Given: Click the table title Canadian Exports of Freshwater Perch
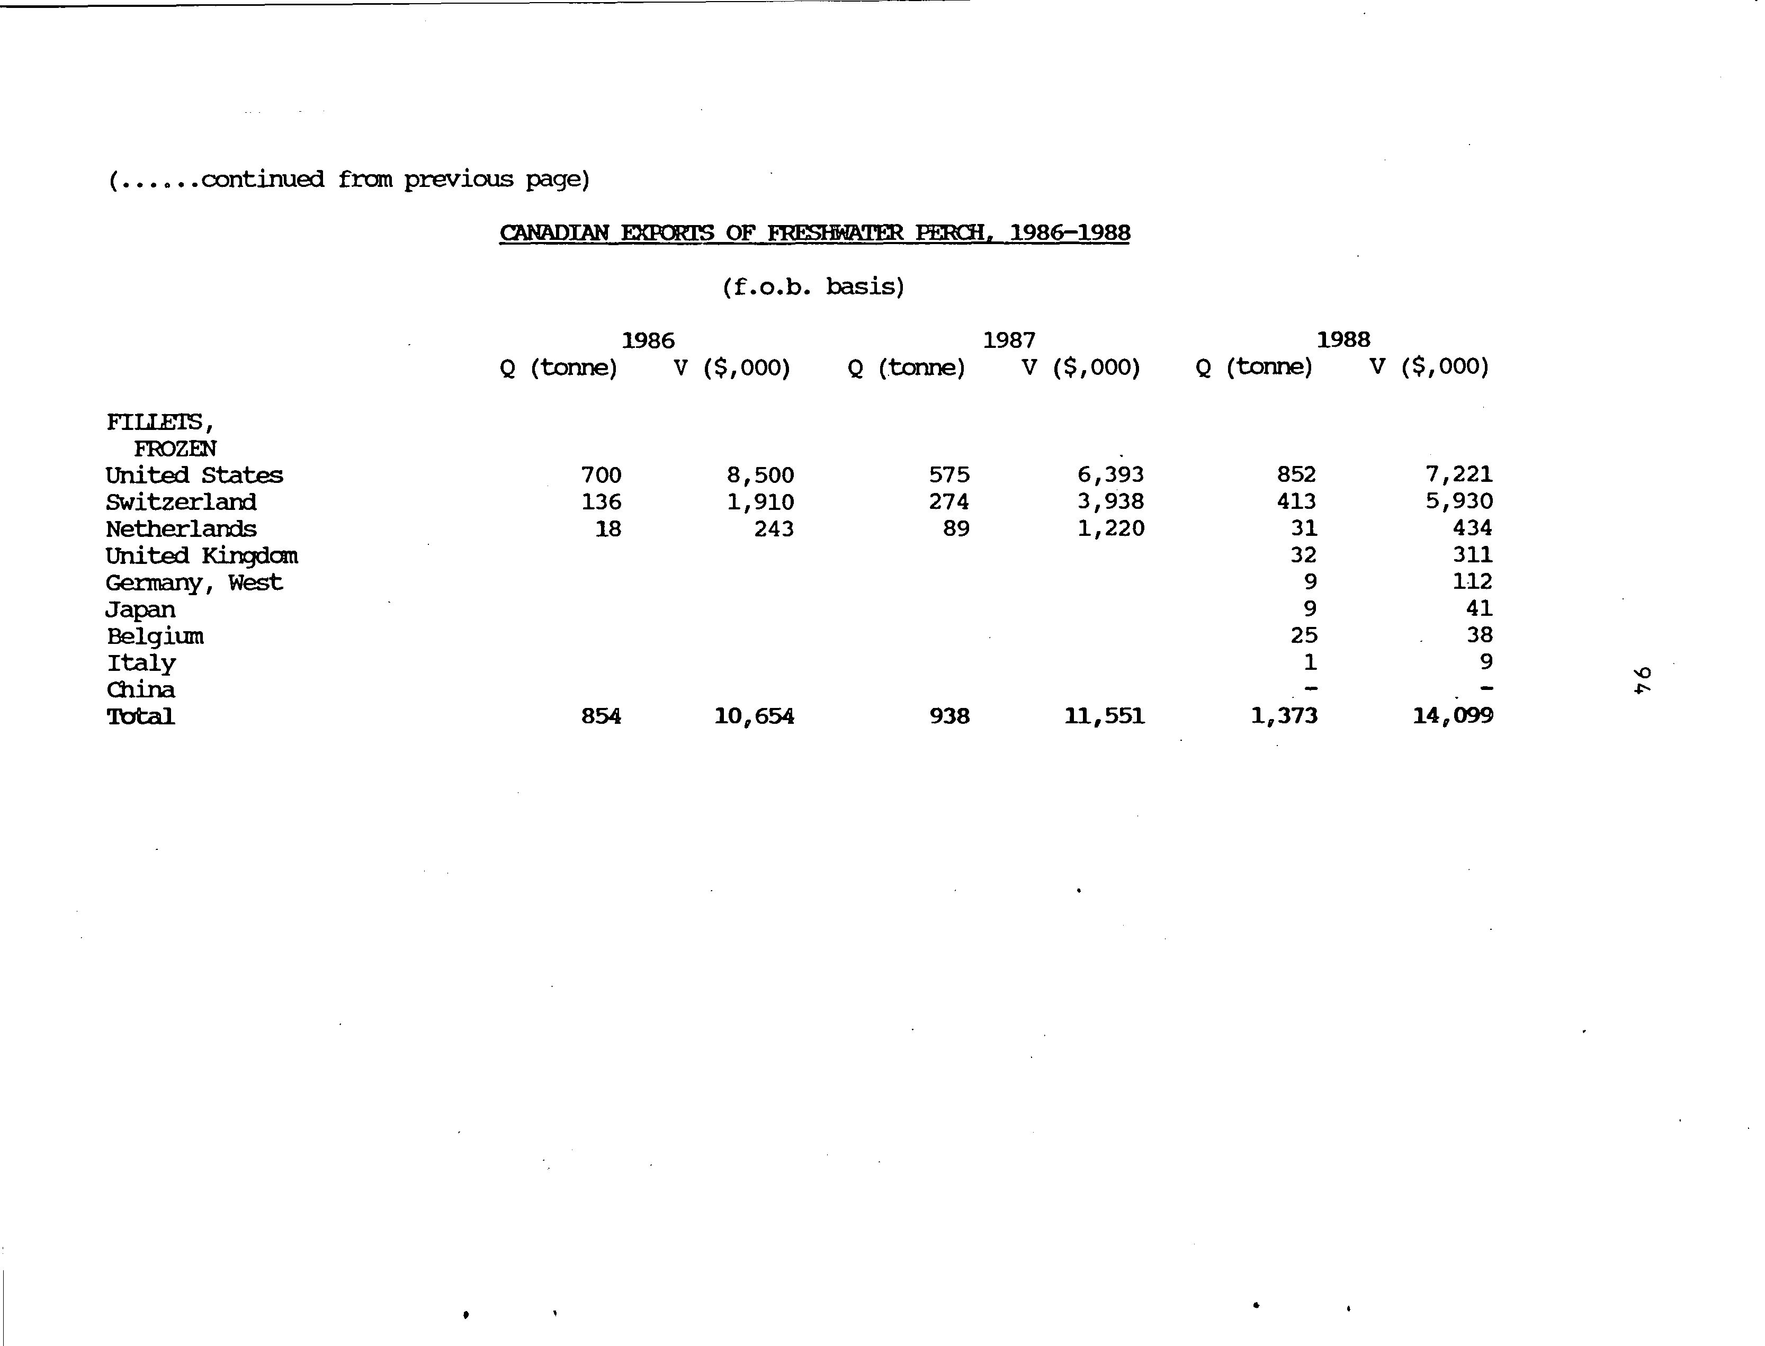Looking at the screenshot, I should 814,233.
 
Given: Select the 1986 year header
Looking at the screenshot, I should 648,340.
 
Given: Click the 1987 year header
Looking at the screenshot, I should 1009,340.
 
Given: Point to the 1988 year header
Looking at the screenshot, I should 1343,340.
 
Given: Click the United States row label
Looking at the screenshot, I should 194,475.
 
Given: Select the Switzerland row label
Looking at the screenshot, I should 181,502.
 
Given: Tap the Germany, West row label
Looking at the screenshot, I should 194,582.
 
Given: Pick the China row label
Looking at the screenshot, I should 141,690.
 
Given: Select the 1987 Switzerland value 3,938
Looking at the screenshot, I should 1110,501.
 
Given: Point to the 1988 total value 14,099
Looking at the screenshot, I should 1453,715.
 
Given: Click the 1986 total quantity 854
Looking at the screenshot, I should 601,716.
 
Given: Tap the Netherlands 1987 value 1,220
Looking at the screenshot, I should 1110,529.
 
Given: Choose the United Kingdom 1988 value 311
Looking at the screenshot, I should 1473,554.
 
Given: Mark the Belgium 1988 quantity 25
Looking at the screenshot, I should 1304,635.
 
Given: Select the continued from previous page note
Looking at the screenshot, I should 350,178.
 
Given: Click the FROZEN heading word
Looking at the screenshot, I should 175,448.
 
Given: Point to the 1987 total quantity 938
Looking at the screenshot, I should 949,716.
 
